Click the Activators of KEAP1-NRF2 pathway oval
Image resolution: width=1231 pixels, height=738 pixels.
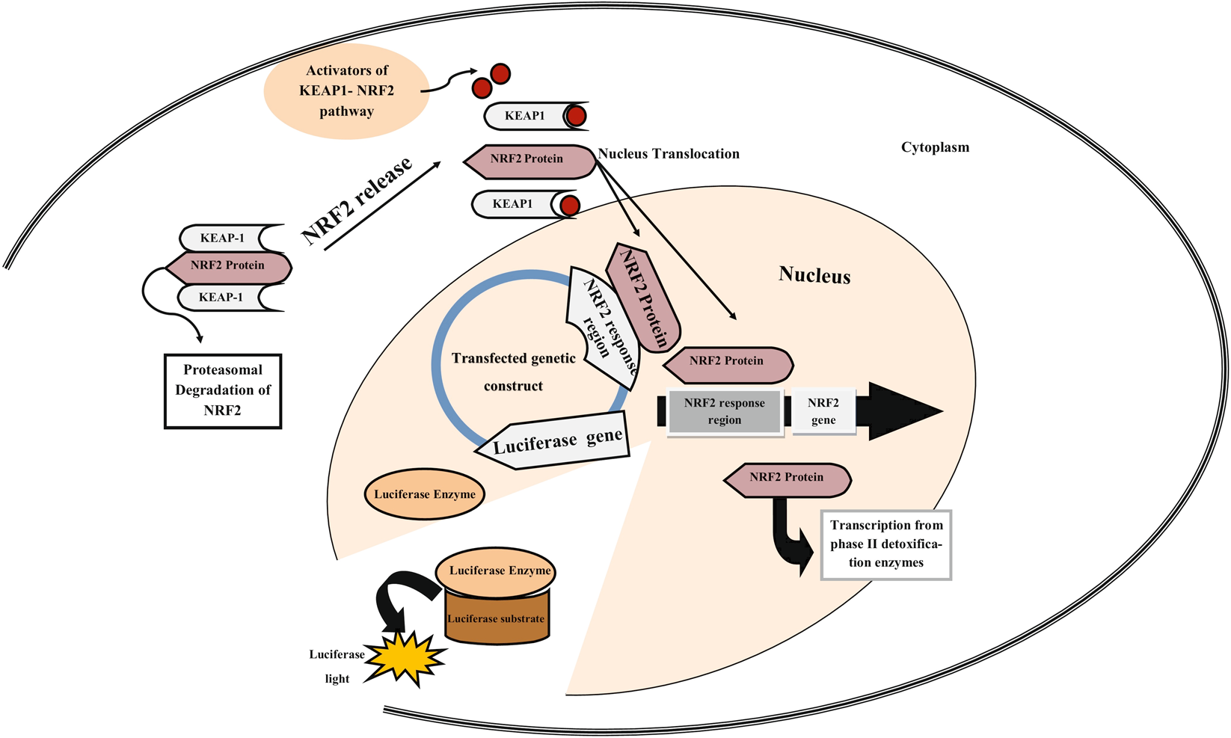click(346, 90)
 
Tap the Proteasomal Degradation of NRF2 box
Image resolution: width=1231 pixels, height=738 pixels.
click(223, 390)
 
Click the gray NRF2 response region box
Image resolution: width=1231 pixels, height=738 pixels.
click(725, 411)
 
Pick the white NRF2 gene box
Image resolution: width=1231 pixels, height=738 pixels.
click(823, 411)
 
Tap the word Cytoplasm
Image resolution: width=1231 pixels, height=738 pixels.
click(935, 147)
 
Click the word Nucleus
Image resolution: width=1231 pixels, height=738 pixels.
click(814, 275)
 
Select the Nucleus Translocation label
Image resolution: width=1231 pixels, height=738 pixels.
click(669, 154)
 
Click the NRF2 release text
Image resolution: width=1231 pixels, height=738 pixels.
click(357, 200)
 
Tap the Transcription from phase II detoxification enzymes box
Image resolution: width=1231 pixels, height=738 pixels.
click(886, 544)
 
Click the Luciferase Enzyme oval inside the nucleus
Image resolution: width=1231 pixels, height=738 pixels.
click(424, 494)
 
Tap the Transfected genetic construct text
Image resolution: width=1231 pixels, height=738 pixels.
click(513, 372)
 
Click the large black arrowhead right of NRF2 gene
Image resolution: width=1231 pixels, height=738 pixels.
click(901, 410)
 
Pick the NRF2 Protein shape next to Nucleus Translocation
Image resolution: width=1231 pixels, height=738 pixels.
click(528, 159)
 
